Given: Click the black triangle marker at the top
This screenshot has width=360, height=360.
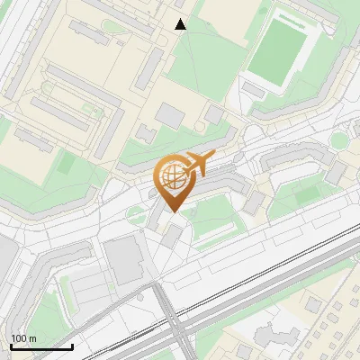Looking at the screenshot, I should point(180,24).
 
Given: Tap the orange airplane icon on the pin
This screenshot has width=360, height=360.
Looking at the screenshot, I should point(198,164).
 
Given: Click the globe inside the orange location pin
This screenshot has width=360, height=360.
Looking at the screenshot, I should point(172,176).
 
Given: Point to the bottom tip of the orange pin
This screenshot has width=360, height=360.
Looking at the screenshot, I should point(172,211).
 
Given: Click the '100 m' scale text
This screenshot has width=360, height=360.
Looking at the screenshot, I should point(23,338).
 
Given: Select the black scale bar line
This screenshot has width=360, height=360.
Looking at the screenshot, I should point(41,346).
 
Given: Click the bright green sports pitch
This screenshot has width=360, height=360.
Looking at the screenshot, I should point(278,52).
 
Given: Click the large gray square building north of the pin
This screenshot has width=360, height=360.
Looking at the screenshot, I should point(170,114).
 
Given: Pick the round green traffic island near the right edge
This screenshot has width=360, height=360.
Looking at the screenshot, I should point(338,140).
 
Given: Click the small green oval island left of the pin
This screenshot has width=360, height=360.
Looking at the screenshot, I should point(134,213).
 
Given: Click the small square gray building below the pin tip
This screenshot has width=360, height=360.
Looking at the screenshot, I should point(172,236).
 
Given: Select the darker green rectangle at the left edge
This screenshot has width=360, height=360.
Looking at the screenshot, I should point(66,164).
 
